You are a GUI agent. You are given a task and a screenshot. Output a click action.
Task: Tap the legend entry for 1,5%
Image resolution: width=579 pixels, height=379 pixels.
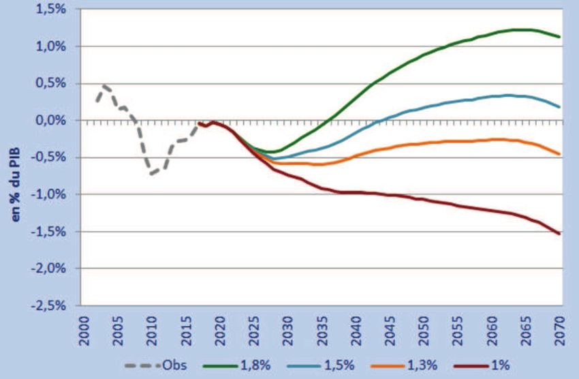tap(332, 365)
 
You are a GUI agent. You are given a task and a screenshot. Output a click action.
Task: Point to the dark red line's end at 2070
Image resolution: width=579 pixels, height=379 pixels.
tap(559, 234)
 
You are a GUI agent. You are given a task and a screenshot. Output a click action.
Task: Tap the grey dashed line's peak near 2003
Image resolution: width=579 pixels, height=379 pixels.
tap(104, 86)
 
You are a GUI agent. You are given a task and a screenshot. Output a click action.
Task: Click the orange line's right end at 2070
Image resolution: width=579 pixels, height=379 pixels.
tap(559, 154)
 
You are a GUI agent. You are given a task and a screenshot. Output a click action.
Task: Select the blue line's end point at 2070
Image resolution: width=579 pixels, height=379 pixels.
tap(559, 107)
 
